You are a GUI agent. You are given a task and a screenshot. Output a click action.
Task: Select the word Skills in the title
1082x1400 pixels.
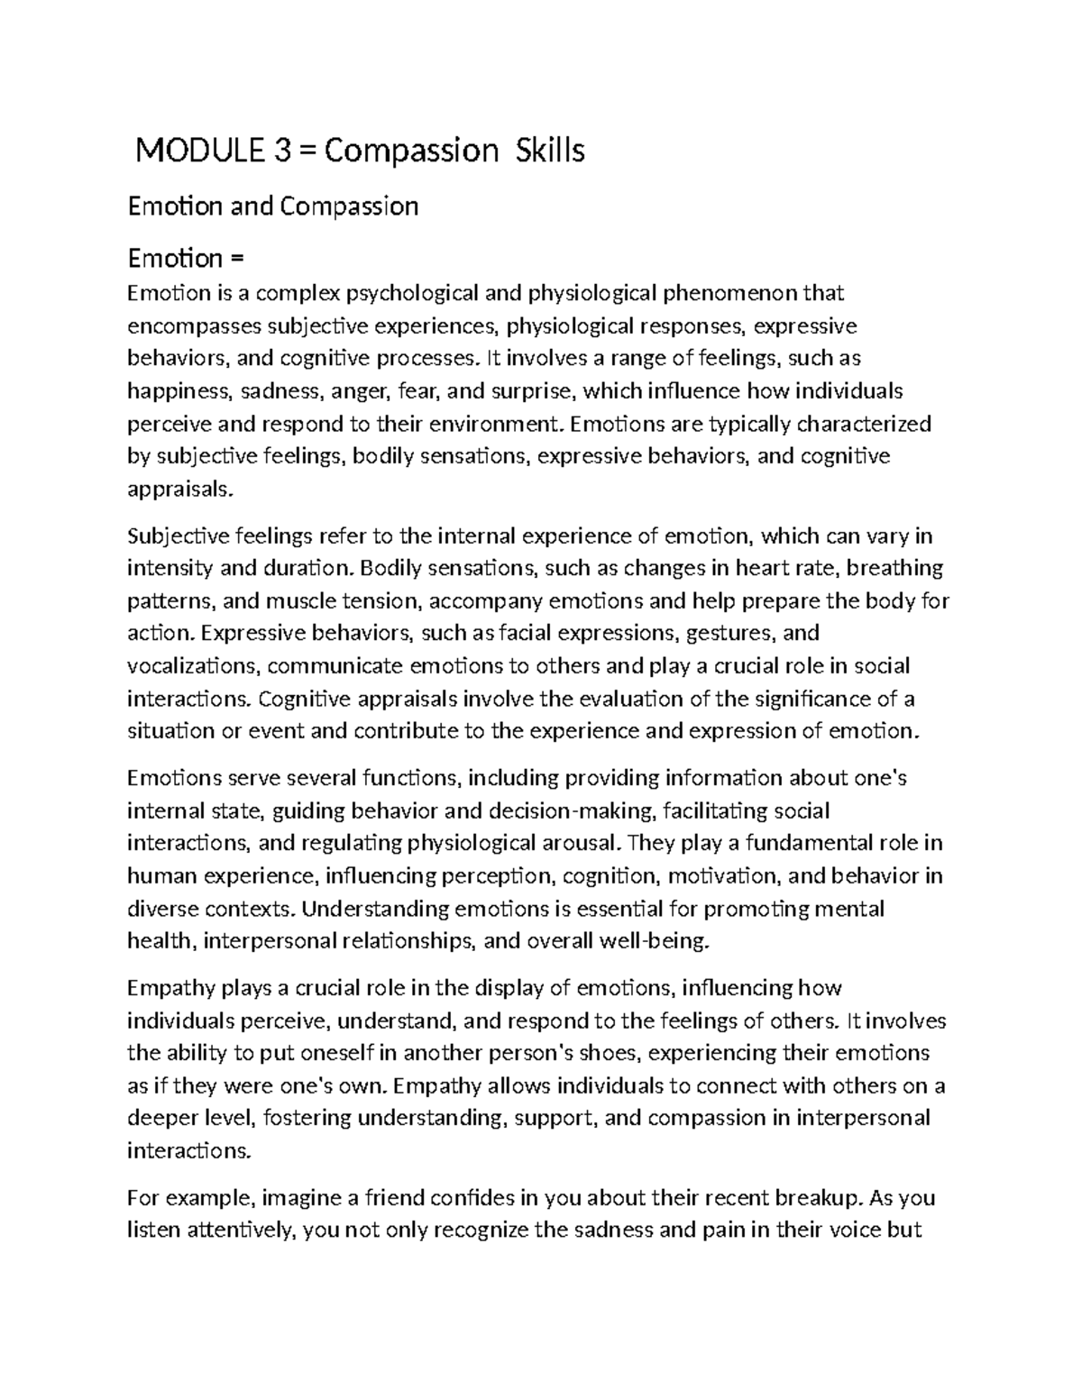(549, 151)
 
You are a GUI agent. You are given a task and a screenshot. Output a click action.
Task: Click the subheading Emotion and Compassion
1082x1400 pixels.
(273, 206)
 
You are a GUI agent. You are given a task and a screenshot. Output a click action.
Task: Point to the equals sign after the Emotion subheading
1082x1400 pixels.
(237, 259)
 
